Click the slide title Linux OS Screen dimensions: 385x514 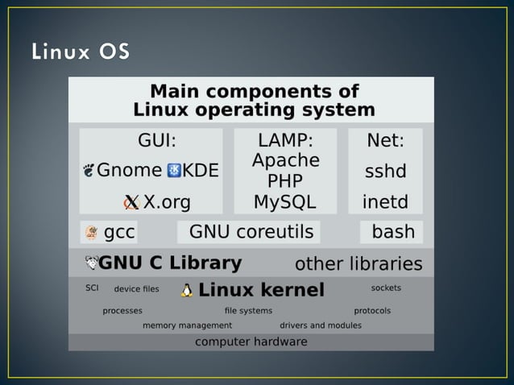[80, 52]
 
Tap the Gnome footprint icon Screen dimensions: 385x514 [89, 171]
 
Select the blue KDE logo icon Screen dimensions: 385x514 [174, 171]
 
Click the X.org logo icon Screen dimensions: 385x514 [132, 201]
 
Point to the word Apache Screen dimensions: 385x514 [285, 160]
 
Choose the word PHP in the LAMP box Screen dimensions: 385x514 [285, 180]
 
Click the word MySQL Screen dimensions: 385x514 [285, 201]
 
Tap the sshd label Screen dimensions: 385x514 [385, 172]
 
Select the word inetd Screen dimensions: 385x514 [385, 201]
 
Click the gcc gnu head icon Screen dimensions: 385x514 [91, 233]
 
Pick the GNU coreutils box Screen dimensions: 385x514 [251, 233]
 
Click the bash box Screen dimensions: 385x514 [392, 233]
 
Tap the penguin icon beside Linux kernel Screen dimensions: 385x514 [187, 290]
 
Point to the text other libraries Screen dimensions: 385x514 [359, 264]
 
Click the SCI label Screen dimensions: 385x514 [92, 288]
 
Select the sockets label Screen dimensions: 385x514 [386, 288]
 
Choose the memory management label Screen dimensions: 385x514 [187, 325]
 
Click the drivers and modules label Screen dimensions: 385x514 [320, 325]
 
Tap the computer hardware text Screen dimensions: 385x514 [251, 342]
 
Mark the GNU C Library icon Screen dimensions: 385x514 [91, 263]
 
